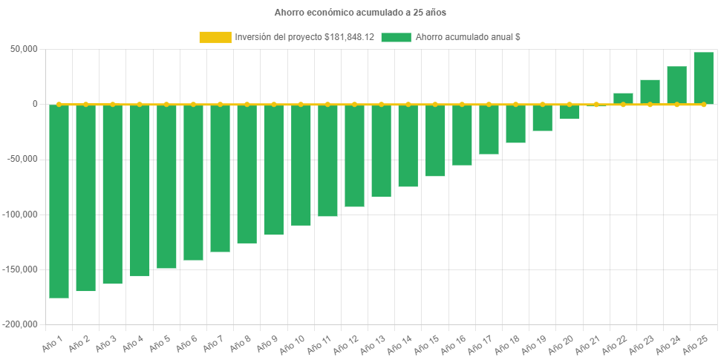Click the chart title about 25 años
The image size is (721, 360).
(x=360, y=13)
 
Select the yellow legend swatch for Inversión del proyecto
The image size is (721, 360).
(x=215, y=37)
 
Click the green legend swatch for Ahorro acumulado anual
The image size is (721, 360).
(x=396, y=37)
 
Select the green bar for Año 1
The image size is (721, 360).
(x=59, y=201)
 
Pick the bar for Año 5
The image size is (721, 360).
(x=166, y=186)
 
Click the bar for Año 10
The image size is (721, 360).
(x=301, y=165)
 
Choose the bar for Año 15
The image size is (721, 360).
(x=435, y=140)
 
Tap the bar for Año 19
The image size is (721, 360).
(x=542, y=118)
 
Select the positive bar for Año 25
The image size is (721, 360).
(x=703, y=78)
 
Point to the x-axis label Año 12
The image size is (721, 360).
(x=347, y=344)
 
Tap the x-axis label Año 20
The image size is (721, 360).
(x=561, y=344)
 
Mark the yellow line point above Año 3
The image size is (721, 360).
(x=113, y=105)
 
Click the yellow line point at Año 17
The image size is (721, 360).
(x=489, y=105)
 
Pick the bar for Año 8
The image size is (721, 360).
(x=247, y=174)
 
